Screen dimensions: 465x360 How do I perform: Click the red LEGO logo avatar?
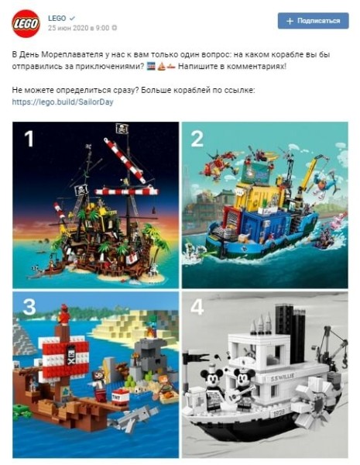(x=26, y=23)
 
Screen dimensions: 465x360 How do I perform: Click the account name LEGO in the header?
(x=57, y=16)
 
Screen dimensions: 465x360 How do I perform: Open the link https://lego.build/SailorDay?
(x=63, y=102)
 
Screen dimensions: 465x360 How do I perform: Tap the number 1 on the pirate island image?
(x=29, y=139)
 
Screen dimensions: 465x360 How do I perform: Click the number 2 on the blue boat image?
(x=197, y=139)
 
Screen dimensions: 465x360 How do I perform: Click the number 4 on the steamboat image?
(x=197, y=308)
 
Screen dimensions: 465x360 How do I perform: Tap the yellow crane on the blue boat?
(x=310, y=174)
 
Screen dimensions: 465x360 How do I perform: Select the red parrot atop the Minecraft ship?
(x=63, y=316)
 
